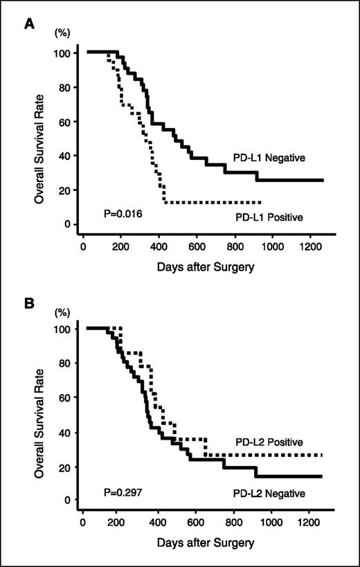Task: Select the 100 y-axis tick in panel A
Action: click(x=64, y=53)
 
